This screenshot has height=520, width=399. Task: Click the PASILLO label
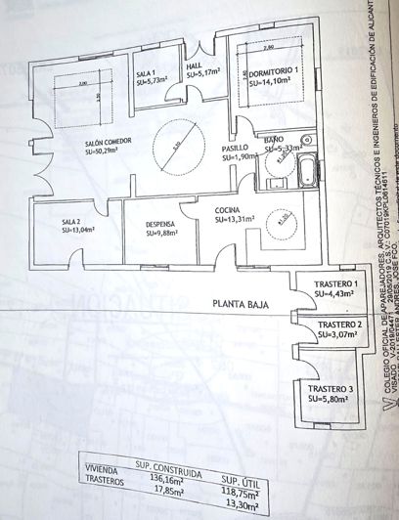click(x=236, y=148)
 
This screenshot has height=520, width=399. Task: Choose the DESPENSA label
click(x=139, y=223)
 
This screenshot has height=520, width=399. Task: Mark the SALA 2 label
click(x=54, y=222)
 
